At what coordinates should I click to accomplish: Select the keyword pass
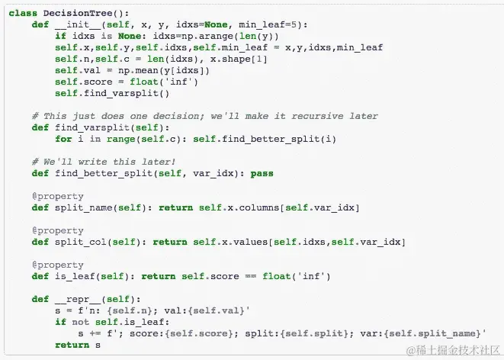pyautogui.click(x=262, y=173)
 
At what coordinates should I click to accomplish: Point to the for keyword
pyautogui.click(x=63, y=139)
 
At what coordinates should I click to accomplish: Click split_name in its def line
pyautogui.click(x=83, y=207)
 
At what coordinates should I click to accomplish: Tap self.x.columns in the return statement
pyautogui.click(x=226, y=207)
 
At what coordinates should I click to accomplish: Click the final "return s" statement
pyautogui.click(x=78, y=345)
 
